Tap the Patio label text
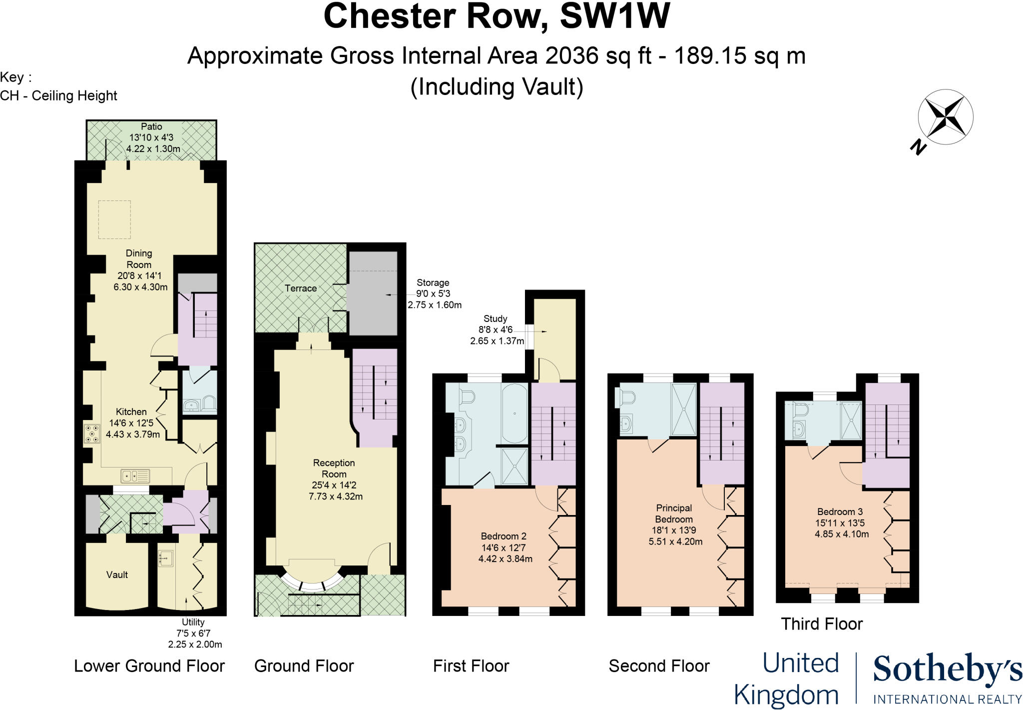[151, 126]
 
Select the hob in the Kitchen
[92, 433]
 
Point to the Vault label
[117, 575]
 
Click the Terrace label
[300, 288]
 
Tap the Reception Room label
[334, 468]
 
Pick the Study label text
[495, 318]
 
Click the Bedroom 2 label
[504, 536]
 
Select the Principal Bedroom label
[674, 513]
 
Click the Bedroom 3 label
[840, 511]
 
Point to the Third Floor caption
[822, 624]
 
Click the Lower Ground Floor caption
[149, 666]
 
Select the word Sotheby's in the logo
[947, 670]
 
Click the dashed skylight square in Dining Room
[114, 219]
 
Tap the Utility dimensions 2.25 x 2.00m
[195, 644]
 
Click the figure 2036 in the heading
[571, 56]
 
